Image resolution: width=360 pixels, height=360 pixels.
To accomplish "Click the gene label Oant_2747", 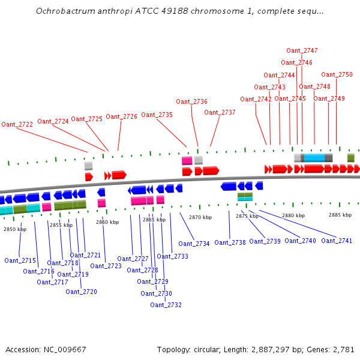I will point(302,50).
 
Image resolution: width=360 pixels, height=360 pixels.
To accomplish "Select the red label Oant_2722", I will point(17,124).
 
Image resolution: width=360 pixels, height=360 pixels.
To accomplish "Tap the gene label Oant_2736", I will point(191,101).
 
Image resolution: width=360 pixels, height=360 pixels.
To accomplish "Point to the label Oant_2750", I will point(337,74).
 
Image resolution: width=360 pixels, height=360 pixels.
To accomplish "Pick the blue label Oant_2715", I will point(20,260).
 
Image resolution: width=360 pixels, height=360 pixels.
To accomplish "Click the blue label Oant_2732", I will point(166,305).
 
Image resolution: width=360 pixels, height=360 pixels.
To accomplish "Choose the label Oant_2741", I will point(337,241).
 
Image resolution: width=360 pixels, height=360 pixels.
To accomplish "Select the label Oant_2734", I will point(194,244).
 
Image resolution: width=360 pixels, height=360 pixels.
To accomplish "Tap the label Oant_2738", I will point(230,242).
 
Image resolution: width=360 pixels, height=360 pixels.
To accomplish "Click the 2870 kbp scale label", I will point(200,217).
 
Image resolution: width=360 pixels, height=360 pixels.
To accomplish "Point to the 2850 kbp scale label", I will point(15,229).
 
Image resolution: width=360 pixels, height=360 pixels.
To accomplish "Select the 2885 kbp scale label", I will point(340,214).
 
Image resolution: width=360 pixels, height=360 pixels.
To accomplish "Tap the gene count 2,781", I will point(344,349).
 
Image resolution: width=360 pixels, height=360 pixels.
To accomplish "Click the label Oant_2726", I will point(121,116).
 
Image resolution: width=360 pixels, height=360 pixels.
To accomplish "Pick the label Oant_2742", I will point(256,99).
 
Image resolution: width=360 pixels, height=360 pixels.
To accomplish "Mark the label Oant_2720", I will point(81,292).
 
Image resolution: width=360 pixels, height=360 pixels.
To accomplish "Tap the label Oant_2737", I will point(220,112).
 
